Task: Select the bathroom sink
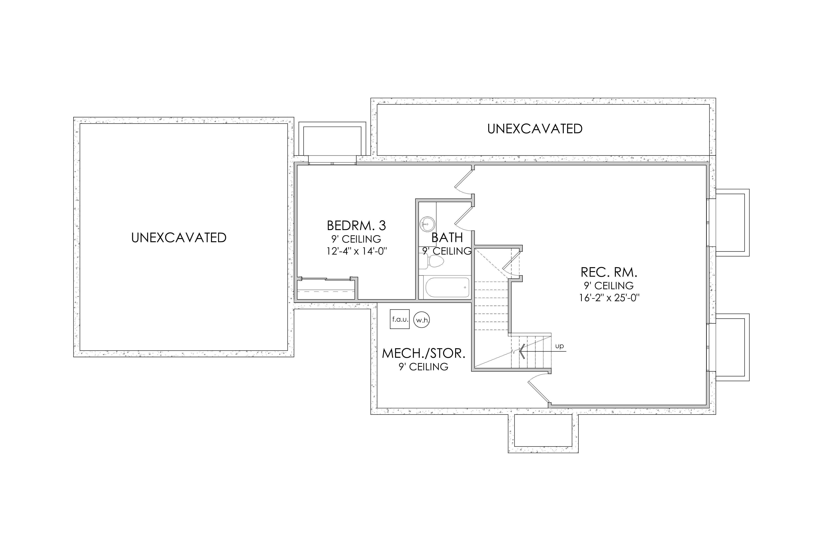[x=427, y=223]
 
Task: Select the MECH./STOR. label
[x=423, y=353]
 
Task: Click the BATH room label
[x=447, y=238]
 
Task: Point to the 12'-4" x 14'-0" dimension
[x=357, y=251]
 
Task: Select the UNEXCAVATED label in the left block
[x=179, y=238]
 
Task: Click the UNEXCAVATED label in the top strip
[x=535, y=129]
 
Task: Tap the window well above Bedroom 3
[x=332, y=141]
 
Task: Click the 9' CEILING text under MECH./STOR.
[x=423, y=367]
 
